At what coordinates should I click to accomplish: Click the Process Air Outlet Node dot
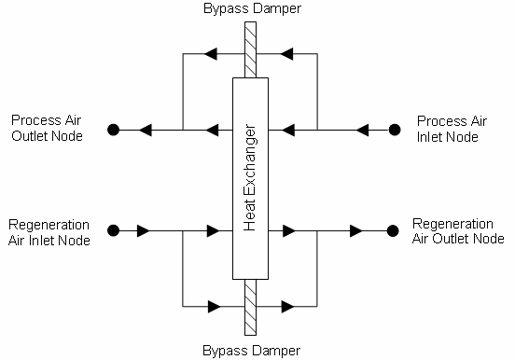tap(113, 130)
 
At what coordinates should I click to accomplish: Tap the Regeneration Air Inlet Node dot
tap(113, 229)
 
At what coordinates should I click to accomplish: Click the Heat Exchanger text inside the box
tap(250, 177)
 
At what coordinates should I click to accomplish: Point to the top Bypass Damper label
tap(250, 8)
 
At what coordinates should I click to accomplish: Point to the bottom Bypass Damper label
tap(249, 352)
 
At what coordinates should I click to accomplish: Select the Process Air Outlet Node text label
tap(47, 129)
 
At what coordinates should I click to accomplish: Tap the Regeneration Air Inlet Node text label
tap(49, 232)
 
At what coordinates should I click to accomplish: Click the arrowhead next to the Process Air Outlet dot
tap(145, 130)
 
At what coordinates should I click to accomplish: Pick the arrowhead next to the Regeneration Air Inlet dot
tap(145, 229)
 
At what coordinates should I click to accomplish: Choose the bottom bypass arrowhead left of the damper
tap(215, 306)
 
